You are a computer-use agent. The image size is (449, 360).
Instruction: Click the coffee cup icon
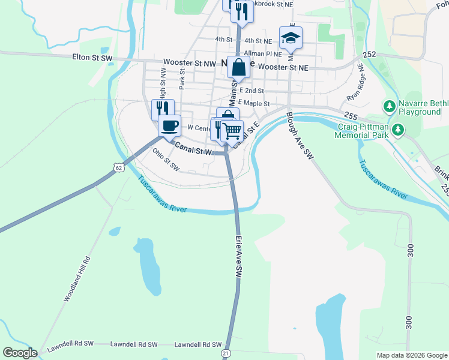pyautogui.click(x=169, y=125)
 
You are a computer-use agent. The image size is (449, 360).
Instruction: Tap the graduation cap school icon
pyautogui.click(x=291, y=38)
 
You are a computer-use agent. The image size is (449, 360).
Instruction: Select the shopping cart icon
pyautogui.click(x=232, y=130)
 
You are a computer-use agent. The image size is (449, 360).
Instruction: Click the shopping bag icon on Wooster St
pyautogui.click(x=238, y=68)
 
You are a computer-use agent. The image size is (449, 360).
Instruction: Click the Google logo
pyautogui.click(x=20, y=353)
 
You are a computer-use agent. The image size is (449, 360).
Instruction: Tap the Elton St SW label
pyautogui.click(x=92, y=58)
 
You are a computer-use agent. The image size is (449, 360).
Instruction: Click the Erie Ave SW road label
pyautogui.click(x=238, y=255)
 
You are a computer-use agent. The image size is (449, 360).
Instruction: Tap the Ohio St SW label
pyautogui.click(x=166, y=160)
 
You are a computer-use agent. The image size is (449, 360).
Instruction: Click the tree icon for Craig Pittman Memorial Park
pyautogui.click(x=397, y=130)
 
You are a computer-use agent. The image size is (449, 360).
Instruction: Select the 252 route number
pyautogui.click(x=369, y=55)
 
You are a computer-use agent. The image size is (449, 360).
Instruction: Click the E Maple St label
pyautogui.click(x=254, y=104)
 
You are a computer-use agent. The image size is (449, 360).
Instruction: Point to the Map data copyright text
pyautogui.click(x=411, y=355)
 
